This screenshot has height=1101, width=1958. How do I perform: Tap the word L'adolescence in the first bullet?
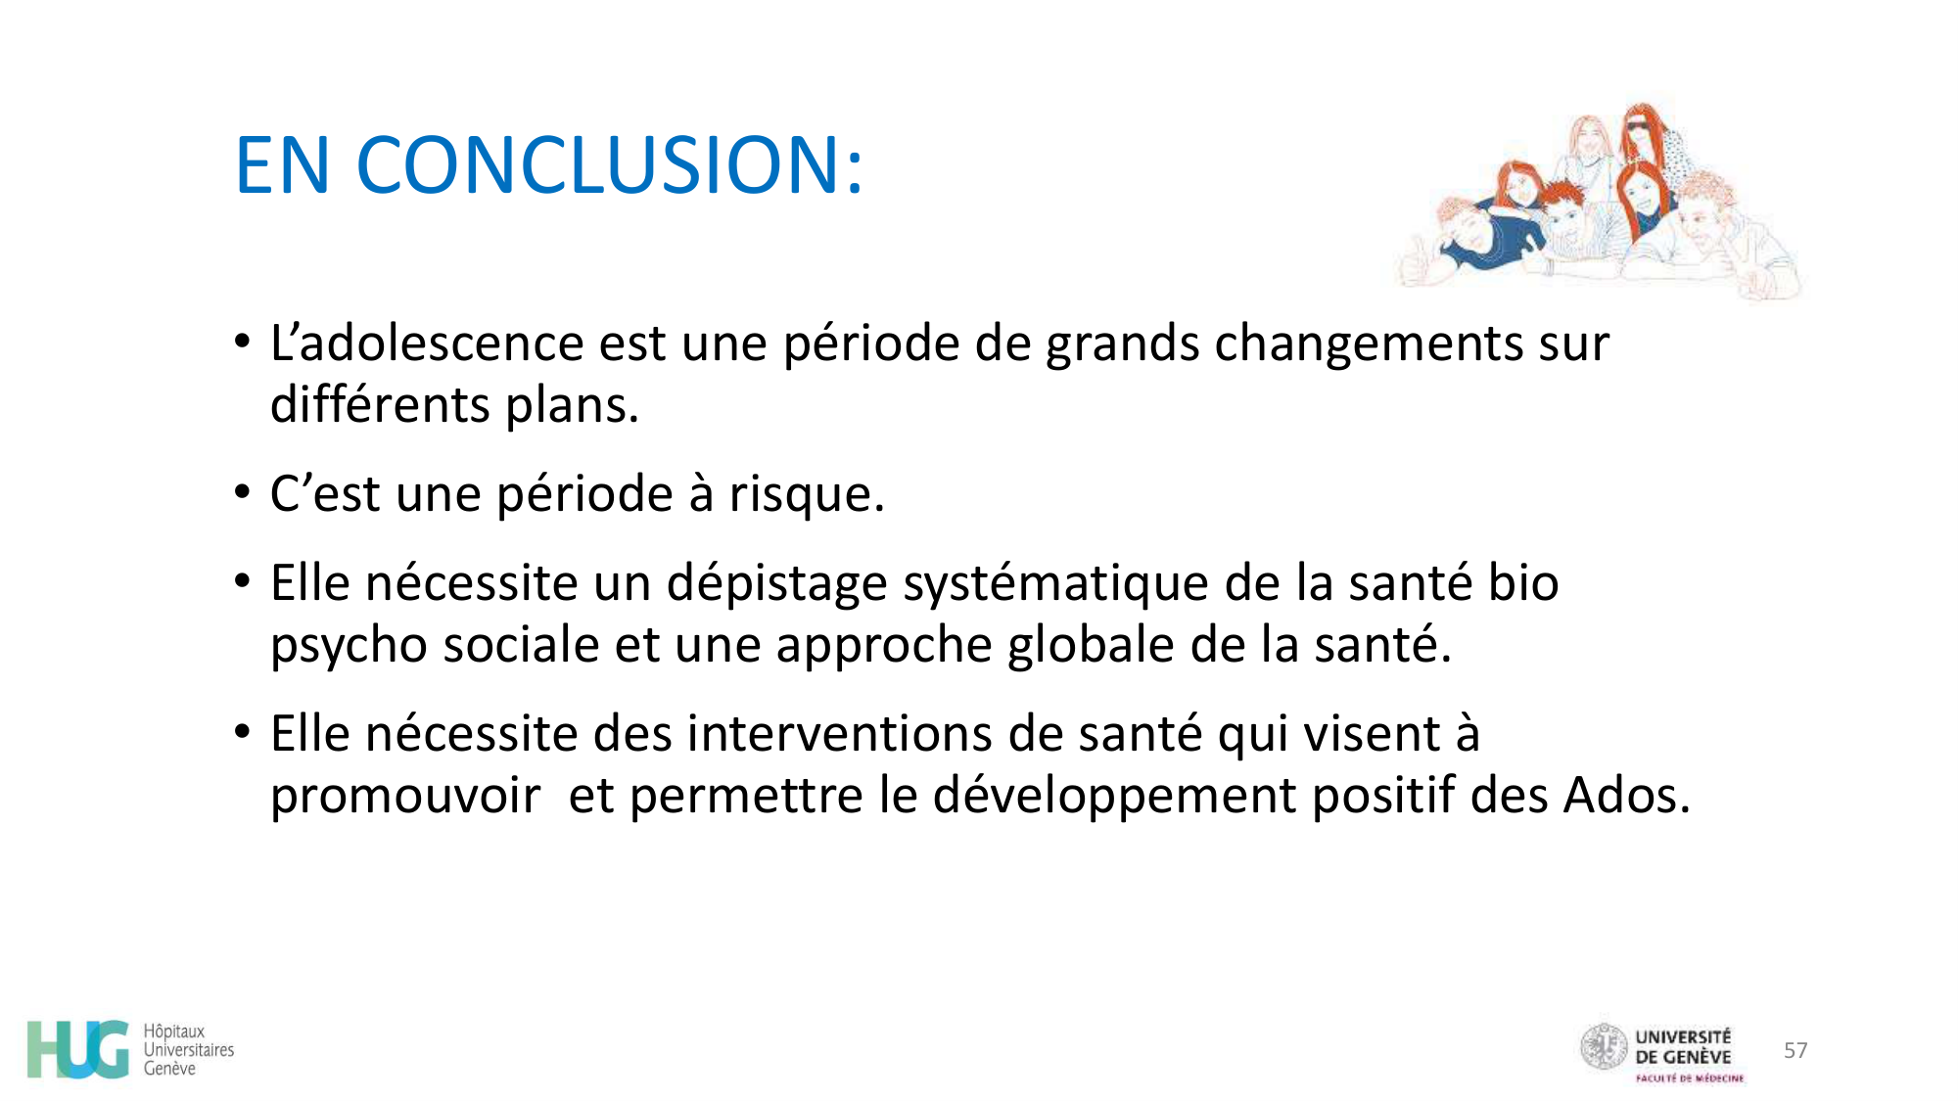click(427, 344)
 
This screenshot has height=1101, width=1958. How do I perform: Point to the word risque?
click(806, 494)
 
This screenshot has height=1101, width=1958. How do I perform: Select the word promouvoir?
click(404, 796)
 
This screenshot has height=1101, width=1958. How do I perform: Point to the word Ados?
click(1626, 795)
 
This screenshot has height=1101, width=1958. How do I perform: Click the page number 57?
click(1795, 1050)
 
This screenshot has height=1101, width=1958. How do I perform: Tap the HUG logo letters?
click(78, 1049)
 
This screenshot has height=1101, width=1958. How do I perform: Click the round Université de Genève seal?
click(1604, 1047)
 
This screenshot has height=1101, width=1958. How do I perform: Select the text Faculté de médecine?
click(1689, 1078)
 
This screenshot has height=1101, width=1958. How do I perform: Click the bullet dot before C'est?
click(243, 492)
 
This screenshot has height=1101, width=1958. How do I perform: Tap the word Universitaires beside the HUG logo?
click(189, 1050)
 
